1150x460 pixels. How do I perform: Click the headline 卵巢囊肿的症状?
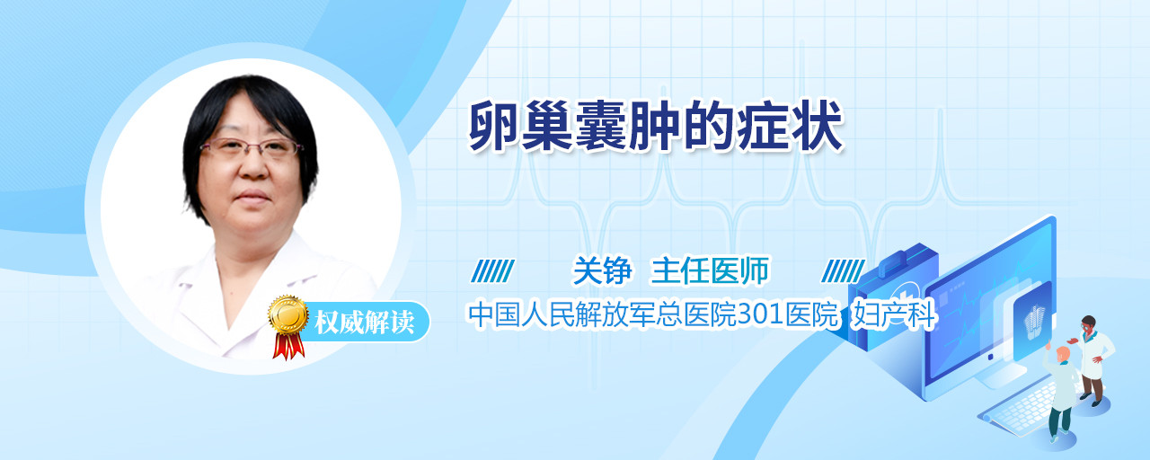(656, 126)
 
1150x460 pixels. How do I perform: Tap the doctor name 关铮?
(602, 270)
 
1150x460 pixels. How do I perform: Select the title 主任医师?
(710, 270)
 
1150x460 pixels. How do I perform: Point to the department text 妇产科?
(894, 314)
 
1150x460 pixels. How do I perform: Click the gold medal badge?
(288, 314)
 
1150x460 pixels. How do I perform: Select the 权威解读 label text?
(364, 322)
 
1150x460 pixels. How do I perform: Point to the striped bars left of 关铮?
(492, 271)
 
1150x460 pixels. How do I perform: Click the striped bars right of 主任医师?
(843, 271)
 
